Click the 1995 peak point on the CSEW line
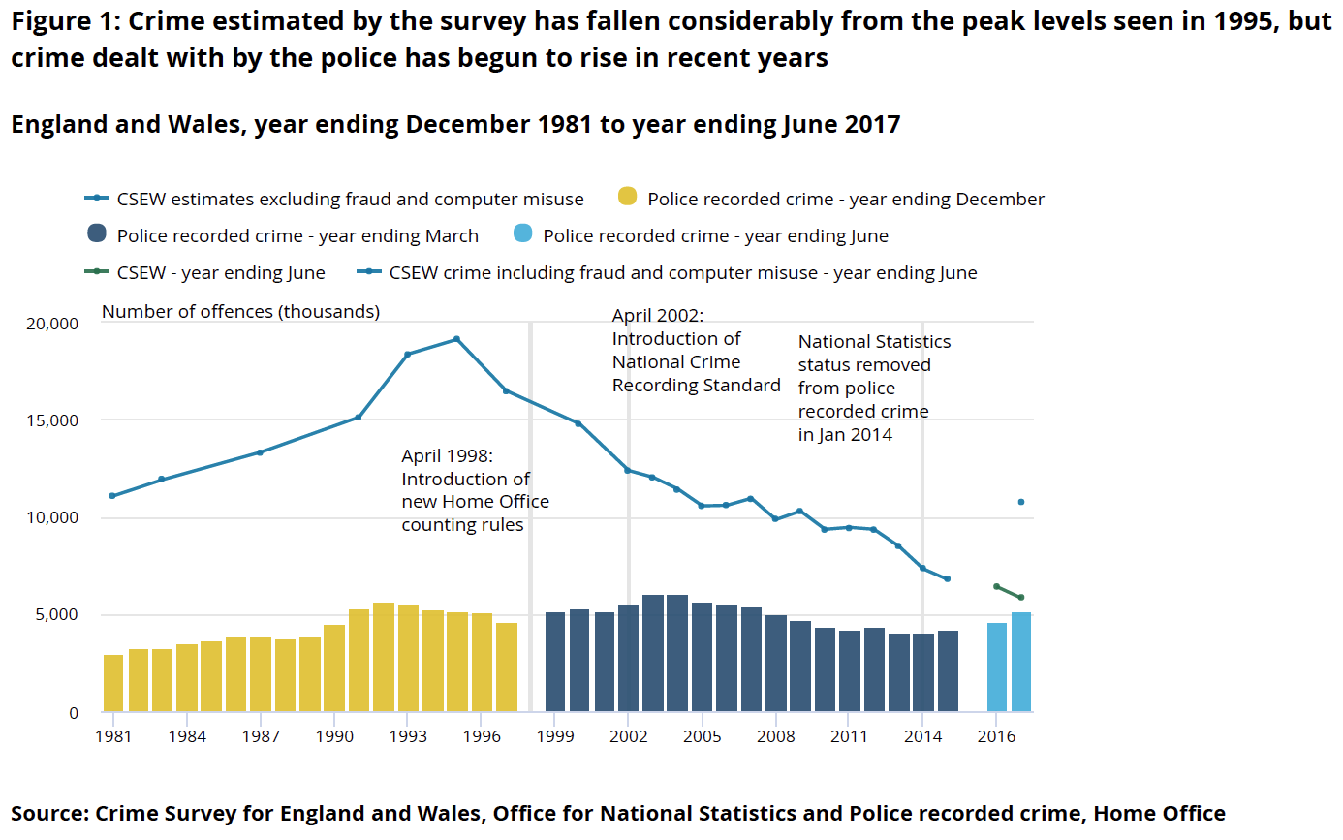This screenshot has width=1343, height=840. click(x=456, y=339)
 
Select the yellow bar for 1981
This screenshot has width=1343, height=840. click(x=113, y=683)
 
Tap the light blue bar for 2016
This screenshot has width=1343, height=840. click(x=996, y=668)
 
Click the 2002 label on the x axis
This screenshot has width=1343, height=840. click(x=629, y=736)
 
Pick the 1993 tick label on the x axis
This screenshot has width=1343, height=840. click(x=408, y=736)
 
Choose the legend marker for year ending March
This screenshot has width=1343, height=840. click(x=96, y=235)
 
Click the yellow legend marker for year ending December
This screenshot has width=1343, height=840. click(x=627, y=199)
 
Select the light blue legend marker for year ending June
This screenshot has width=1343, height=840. click(x=522, y=235)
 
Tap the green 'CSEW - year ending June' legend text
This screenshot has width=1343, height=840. click(x=221, y=273)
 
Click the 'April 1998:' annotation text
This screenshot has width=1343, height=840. click(x=447, y=455)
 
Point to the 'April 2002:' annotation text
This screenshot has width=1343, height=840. click(x=658, y=316)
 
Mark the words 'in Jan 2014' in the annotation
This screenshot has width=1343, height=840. click(x=845, y=435)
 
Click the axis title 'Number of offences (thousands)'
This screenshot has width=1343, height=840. click(x=240, y=311)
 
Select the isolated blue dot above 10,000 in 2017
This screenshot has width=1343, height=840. click(x=1020, y=502)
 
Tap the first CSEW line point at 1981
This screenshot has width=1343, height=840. click(x=112, y=496)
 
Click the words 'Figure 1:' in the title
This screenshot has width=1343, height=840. click(x=63, y=23)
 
